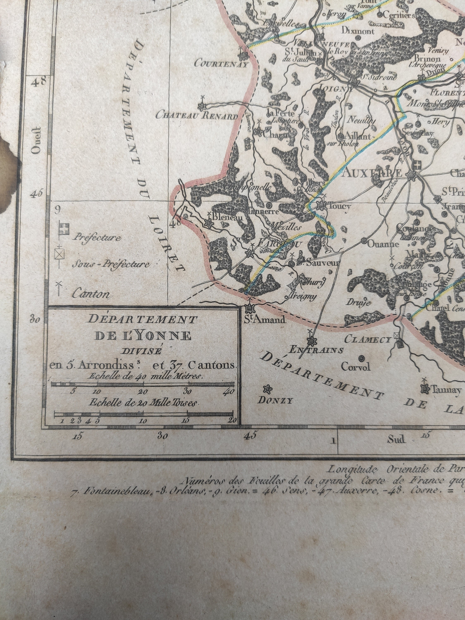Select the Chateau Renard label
click(x=197, y=115)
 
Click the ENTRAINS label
click(x=316, y=350)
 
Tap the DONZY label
click(x=275, y=401)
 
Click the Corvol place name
click(x=356, y=367)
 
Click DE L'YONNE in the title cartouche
click(x=143, y=335)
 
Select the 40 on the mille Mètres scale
click(x=230, y=392)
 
